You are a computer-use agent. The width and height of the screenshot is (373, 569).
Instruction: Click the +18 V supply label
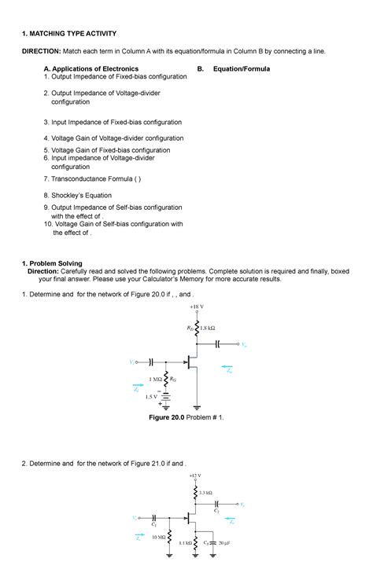click(196, 307)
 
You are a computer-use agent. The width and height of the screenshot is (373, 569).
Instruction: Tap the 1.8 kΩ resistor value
click(209, 327)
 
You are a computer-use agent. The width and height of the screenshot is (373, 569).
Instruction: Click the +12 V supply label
click(195, 475)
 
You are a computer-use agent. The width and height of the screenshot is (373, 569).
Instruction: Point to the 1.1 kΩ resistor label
click(186, 543)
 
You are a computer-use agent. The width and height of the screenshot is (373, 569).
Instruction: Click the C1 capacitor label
click(154, 524)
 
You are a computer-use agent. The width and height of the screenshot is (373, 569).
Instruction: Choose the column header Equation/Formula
click(241, 69)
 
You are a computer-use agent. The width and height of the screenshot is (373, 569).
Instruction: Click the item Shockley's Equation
click(81, 195)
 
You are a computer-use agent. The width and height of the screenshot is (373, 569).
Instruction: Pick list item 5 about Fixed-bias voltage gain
click(110, 150)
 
